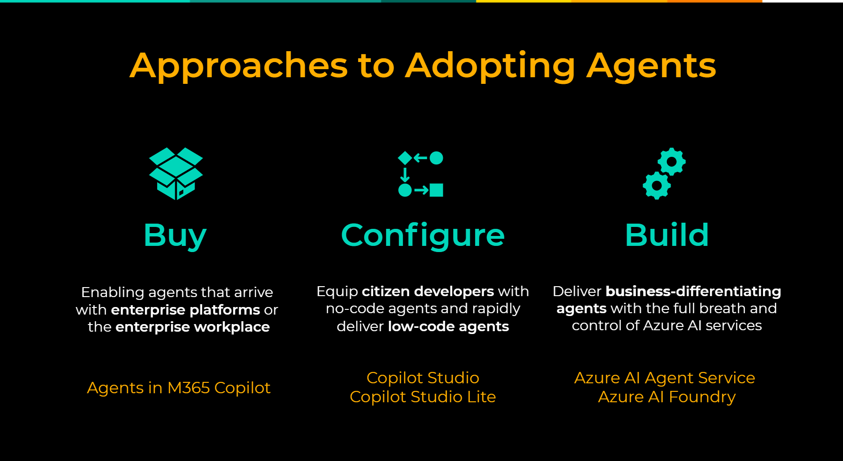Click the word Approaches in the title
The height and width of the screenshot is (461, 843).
239,66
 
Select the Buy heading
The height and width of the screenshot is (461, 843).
175,236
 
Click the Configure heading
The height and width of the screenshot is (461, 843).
423,236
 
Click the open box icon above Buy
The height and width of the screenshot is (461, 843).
176,173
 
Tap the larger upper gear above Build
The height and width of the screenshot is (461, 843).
672,162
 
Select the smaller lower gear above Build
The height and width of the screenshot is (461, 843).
657,185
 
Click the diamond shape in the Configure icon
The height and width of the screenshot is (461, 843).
405,158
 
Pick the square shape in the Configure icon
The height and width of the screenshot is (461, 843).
436,190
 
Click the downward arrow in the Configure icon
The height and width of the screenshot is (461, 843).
405,174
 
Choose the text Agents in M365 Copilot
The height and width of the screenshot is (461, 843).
179,388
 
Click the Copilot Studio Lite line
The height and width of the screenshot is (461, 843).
423,397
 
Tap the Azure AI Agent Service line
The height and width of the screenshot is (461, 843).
664,378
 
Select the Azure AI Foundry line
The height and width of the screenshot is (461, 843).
667,397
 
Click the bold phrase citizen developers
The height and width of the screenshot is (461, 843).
428,291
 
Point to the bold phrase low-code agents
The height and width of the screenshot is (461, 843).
448,326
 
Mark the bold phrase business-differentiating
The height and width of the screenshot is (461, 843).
693,291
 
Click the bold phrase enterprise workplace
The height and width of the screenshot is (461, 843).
192,326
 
